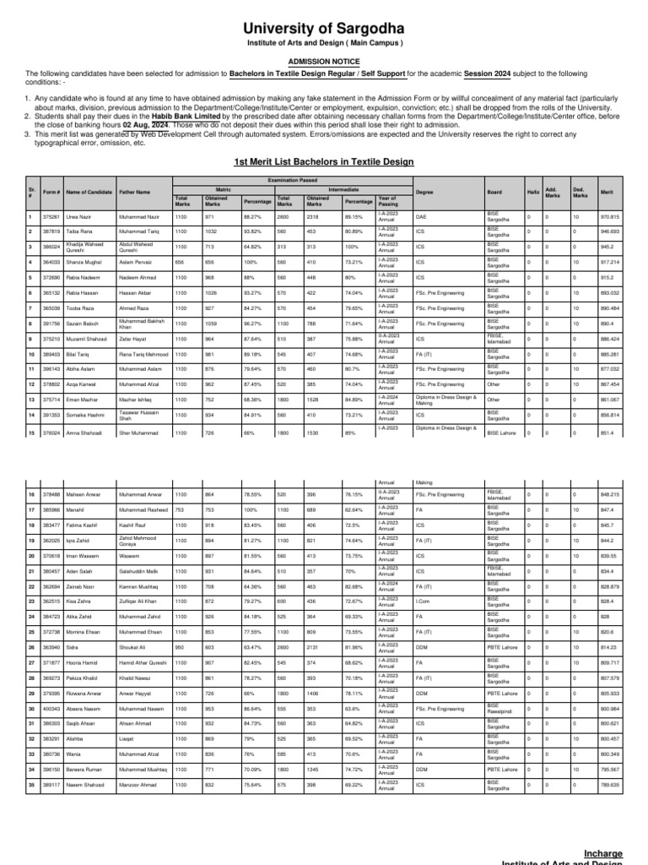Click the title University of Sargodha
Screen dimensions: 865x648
point(324,30)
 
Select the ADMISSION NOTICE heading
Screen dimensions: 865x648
point(324,62)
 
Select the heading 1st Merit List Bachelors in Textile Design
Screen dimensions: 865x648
point(324,160)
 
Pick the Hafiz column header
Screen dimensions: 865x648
point(532,193)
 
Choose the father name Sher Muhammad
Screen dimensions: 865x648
point(141,432)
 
